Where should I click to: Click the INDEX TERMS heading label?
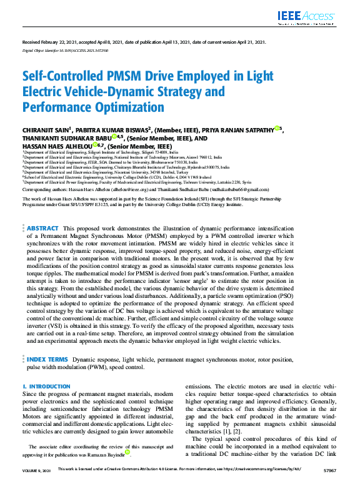point(47,360)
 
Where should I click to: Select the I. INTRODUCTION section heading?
point(46,387)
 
